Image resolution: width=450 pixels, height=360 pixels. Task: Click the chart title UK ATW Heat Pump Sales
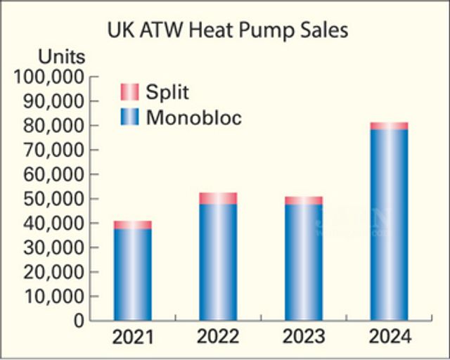click(228, 31)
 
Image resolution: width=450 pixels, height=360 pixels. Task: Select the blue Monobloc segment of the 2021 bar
click(133, 274)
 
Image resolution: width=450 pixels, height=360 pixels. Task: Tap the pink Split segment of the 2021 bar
click(133, 225)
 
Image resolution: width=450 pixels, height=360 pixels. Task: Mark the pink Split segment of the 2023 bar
click(304, 200)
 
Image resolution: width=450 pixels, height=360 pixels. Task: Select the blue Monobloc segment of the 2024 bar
click(390, 225)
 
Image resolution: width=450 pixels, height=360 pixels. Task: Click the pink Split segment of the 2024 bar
click(390, 126)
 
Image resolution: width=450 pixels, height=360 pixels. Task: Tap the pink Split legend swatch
click(130, 92)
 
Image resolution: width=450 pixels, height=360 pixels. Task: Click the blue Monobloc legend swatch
click(130, 117)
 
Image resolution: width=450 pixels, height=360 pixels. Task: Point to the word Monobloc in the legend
click(194, 117)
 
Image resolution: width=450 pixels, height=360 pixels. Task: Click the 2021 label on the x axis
click(133, 337)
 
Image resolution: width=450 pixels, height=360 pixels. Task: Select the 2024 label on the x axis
click(390, 337)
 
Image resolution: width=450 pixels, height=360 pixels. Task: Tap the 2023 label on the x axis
click(304, 337)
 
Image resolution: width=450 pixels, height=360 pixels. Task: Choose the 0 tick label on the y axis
click(79, 321)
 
